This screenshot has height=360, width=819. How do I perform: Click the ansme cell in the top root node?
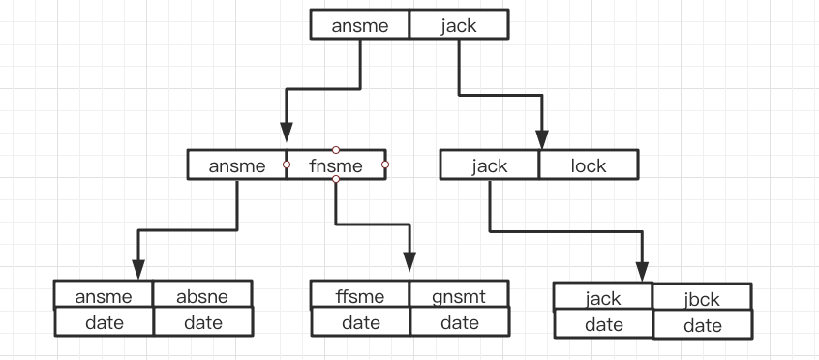tap(360, 25)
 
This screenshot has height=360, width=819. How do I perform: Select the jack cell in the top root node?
tap(458, 25)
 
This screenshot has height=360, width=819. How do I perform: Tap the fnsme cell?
tap(336, 165)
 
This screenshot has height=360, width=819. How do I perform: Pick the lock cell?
tap(588, 165)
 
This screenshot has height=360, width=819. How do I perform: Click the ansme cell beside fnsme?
tap(237, 165)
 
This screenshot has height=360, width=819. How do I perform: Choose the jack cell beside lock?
tap(490, 165)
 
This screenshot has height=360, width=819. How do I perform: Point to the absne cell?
tap(202, 294)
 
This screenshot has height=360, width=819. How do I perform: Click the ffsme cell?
tap(360, 294)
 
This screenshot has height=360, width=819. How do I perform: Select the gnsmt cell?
tap(459, 294)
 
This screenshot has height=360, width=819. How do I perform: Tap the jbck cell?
tap(702, 298)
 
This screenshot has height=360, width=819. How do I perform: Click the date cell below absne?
tap(202, 322)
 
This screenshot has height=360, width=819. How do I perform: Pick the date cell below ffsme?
tap(360, 322)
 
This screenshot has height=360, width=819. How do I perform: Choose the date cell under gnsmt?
tap(459, 322)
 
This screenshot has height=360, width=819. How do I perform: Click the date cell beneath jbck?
tap(702, 326)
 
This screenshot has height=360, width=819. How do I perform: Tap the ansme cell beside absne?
tap(104, 294)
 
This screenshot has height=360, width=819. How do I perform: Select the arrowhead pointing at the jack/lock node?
tap(544, 135)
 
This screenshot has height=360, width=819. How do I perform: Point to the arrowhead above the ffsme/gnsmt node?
tap(409, 262)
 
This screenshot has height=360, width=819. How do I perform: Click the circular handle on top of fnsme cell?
tap(336, 150)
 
